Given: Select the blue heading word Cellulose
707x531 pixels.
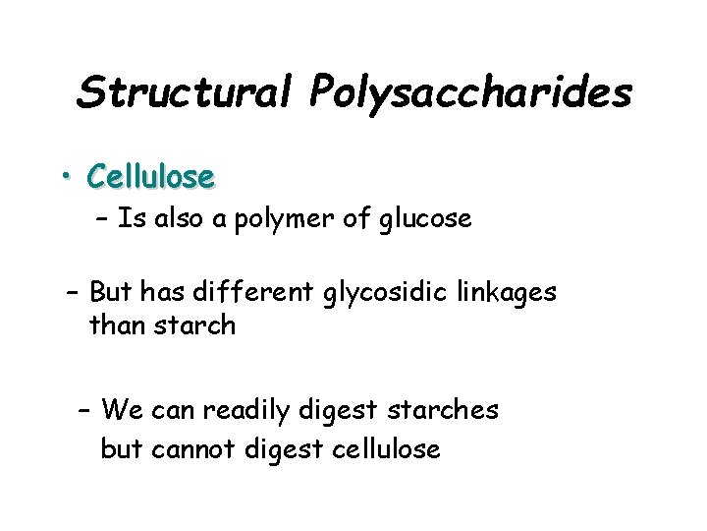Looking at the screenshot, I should pyautogui.click(x=149, y=177).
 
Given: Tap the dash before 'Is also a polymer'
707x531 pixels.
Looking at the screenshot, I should pyautogui.click(x=102, y=219).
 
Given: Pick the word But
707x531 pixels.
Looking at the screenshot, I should pyautogui.click(x=110, y=292).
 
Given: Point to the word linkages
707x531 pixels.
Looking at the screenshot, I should pyautogui.click(x=508, y=293).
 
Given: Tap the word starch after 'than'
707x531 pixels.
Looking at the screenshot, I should pyautogui.click(x=194, y=324).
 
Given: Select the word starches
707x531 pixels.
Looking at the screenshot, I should pyautogui.click(x=447, y=408).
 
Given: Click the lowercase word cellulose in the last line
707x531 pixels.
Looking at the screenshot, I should pyautogui.click(x=386, y=449).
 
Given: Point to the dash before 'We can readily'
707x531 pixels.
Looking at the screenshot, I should pyautogui.click(x=83, y=408).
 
